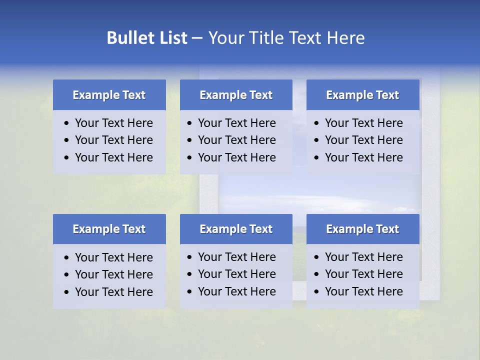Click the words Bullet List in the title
(x=147, y=38)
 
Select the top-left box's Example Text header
(x=109, y=95)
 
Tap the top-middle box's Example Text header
(x=236, y=95)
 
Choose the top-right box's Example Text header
(x=362, y=95)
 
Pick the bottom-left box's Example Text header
(x=109, y=229)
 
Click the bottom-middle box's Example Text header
(x=236, y=229)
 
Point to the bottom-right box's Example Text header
(x=362, y=229)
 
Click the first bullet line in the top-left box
(x=113, y=123)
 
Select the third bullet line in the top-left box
(x=113, y=157)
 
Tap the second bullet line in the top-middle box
(x=236, y=140)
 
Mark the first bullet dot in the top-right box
(x=316, y=123)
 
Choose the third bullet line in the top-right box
(x=363, y=157)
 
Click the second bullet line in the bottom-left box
(x=113, y=274)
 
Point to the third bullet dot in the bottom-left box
(x=66, y=292)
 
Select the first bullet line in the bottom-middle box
(x=236, y=257)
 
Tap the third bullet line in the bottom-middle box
(x=236, y=291)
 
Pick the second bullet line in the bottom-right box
(x=363, y=274)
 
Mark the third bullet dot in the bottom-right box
(x=316, y=292)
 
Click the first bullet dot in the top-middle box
(x=189, y=123)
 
